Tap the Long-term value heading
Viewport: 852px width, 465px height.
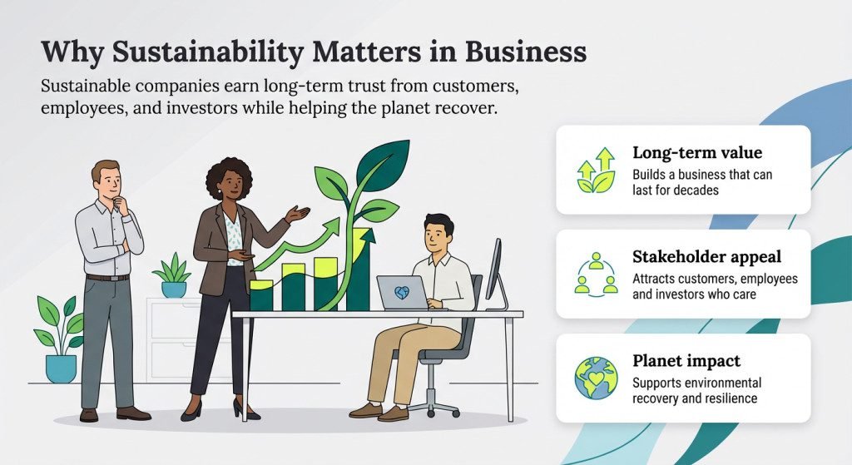(x=697, y=153)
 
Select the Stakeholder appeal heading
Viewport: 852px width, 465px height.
(x=706, y=257)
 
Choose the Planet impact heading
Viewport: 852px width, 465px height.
(x=686, y=361)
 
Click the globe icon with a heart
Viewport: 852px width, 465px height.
(x=596, y=378)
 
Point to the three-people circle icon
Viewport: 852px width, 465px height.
(x=596, y=275)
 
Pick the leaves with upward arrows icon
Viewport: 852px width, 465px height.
(x=596, y=170)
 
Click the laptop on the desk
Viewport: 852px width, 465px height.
(x=404, y=293)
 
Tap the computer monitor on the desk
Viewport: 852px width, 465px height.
(x=495, y=275)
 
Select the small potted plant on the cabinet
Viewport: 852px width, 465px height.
(x=173, y=275)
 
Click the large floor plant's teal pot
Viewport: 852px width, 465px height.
(x=61, y=369)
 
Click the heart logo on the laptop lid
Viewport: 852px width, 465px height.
(x=403, y=292)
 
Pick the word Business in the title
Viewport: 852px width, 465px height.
(x=526, y=52)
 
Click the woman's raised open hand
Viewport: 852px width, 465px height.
(x=297, y=214)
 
